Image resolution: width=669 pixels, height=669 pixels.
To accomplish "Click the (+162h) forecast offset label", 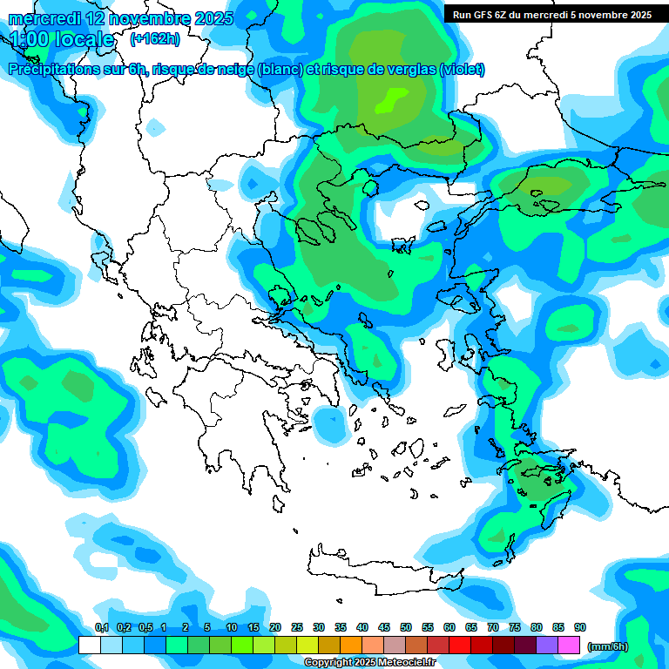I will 154,39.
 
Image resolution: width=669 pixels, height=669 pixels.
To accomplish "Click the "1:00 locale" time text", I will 62,40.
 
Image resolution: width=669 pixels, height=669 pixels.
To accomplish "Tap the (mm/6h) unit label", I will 607,646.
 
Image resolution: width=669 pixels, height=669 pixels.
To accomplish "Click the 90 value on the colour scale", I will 580,628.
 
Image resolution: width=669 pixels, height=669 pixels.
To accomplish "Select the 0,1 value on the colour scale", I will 101,628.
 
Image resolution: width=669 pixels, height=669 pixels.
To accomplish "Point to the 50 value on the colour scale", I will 406,628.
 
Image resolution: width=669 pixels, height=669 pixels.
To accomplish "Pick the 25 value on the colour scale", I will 297,628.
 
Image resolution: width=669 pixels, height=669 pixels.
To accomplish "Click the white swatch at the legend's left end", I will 89,645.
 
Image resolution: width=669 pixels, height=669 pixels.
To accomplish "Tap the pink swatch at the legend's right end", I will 569,645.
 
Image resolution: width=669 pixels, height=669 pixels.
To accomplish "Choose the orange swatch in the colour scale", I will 351,645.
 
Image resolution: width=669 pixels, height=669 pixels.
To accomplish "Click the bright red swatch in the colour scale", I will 460,645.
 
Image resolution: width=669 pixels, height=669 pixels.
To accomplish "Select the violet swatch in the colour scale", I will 547,645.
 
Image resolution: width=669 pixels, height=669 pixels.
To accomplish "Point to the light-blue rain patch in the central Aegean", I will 329,424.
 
